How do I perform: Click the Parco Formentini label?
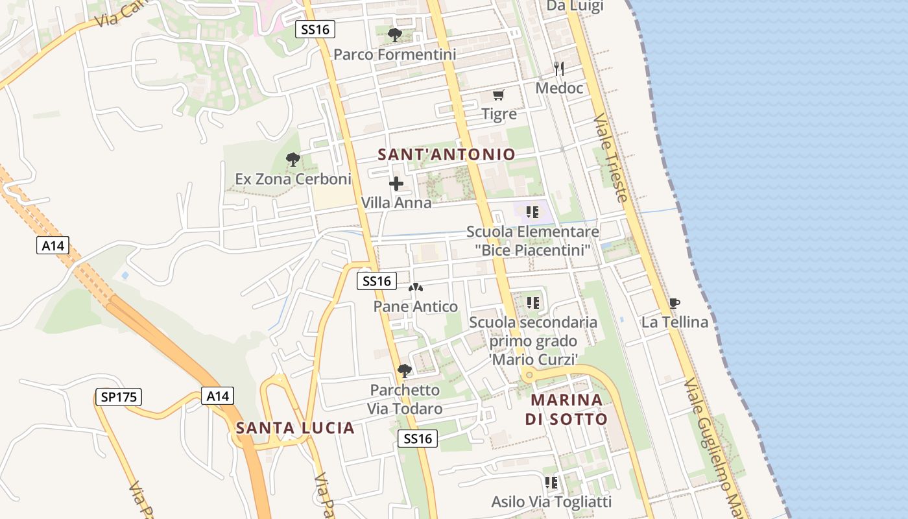[394, 54]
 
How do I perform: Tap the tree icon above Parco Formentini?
[394, 35]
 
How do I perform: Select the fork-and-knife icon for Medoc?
[559, 69]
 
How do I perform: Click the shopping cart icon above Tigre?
[498, 95]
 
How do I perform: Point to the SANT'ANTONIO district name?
[446, 154]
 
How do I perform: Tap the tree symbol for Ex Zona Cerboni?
[293, 160]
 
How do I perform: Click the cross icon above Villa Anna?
[396, 184]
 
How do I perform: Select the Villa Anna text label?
[396, 203]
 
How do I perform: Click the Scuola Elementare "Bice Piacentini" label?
[532, 241]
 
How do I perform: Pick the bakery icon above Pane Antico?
[416, 287]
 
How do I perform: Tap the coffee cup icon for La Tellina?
[675, 303]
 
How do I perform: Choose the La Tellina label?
[675, 322]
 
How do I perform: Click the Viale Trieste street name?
[611, 158]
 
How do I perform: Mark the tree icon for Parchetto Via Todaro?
[405, 371]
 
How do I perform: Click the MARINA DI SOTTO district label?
[566, 409]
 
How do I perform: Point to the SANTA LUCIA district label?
[295, 428]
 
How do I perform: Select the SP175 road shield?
[119, 397]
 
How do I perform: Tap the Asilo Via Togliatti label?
[551, 501]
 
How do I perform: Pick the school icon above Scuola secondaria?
[533, 303]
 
